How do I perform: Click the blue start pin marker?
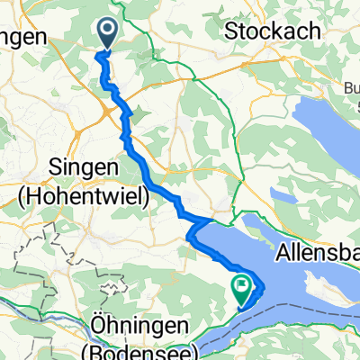pyautogui.click(x=107, y=34)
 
